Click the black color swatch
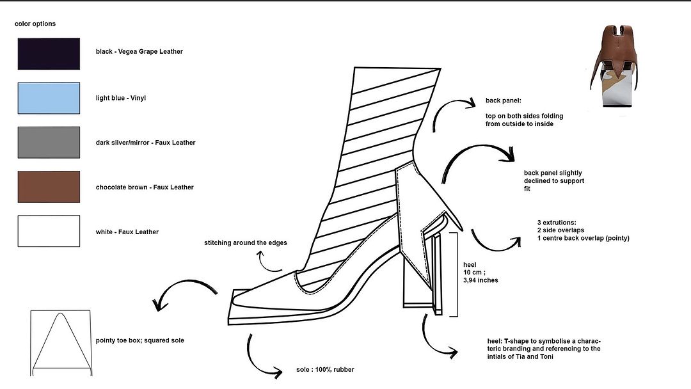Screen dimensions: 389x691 [x=49, y=54]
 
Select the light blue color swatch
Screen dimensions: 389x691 [x=49, y=98]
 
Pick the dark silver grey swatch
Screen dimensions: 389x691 [x=49, y=143]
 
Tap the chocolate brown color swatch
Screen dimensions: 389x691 [x=49, y=187]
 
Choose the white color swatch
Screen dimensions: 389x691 [x=49, y=231]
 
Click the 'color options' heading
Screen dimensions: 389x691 [x=35, y=24]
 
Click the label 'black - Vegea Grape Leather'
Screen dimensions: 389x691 [x=139, y=51]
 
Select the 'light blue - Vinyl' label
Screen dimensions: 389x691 [x=120, y=98]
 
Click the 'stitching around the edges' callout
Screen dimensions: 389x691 [x=246, y=243]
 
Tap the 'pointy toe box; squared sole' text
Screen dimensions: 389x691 [x=139, y=340]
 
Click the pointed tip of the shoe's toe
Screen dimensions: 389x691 [x=232, y=294]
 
